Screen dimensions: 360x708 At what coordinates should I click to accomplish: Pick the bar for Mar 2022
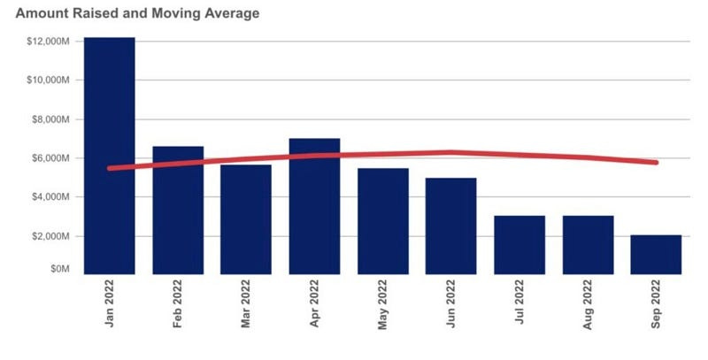(246, 219)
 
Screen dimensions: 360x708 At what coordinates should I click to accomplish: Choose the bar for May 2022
(383, 221)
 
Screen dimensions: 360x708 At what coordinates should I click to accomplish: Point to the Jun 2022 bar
(451, 226)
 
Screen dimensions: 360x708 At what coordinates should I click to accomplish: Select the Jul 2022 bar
(519, 244)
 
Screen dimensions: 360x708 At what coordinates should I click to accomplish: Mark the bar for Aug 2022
(588, 244)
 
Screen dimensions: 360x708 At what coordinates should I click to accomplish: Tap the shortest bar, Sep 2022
(656, 254)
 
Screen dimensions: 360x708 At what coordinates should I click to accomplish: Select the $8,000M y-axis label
(50, 119)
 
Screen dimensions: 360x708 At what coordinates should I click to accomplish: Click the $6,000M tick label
(50, 158)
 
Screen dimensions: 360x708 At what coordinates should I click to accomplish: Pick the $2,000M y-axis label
(50, 236)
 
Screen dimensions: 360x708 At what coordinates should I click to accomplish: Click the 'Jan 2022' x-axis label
(110, 305)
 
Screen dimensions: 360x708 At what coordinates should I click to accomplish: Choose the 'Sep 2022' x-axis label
(656, 305)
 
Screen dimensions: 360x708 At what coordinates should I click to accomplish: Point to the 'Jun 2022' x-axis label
(451, 305)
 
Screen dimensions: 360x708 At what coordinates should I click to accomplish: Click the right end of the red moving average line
(655, 162)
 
